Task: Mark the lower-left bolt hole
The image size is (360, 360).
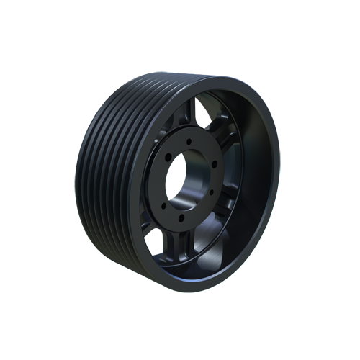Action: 160,204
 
